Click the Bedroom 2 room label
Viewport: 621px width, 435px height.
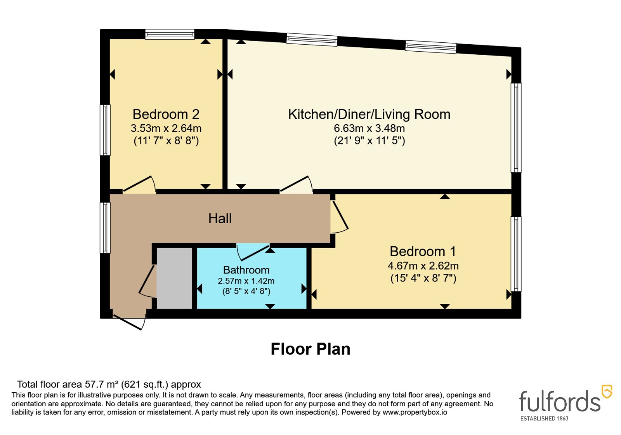coord(166,114)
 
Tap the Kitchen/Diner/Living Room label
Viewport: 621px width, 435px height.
coord(369,114)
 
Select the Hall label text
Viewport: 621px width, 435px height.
coord(220,218)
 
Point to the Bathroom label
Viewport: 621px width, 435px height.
coord(246,270)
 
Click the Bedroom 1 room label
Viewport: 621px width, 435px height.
coord(423,251)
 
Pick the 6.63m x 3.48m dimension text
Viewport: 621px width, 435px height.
coord(369,128)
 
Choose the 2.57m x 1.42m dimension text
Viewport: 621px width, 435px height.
coord(246,281)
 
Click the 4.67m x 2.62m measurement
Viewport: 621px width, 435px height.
coord(423,266)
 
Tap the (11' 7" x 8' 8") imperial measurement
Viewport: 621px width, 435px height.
coord(166,141)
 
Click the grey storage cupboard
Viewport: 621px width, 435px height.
coord(174,278)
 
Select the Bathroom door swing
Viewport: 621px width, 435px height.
coord(253,252)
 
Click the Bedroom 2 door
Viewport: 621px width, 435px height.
coord(139,184)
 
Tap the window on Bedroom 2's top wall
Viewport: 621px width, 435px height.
coord(170,35)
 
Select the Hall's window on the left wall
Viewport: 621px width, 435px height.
coord(105,228)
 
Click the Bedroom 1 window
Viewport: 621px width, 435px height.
coord(516,254)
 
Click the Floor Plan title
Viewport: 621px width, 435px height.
coord(310,349)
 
